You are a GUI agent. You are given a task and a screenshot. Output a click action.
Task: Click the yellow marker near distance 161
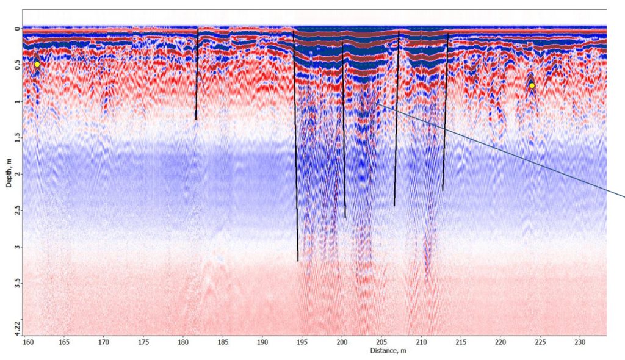[x=37, y=64]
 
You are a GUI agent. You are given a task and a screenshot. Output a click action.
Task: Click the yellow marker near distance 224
[x=532, y=85]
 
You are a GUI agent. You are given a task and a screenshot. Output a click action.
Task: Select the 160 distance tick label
[x=28, y=342]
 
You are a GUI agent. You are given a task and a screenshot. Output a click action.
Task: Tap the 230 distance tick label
[x=580, y=342]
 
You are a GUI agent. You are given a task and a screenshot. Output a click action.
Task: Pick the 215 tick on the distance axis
[x=461, y=342]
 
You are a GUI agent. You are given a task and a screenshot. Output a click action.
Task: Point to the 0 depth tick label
[x=16, y=28]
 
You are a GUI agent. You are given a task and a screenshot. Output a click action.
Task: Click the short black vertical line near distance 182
[x=197, y=73]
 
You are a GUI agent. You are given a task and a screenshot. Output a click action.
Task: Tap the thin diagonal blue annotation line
[x=500, y=149]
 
